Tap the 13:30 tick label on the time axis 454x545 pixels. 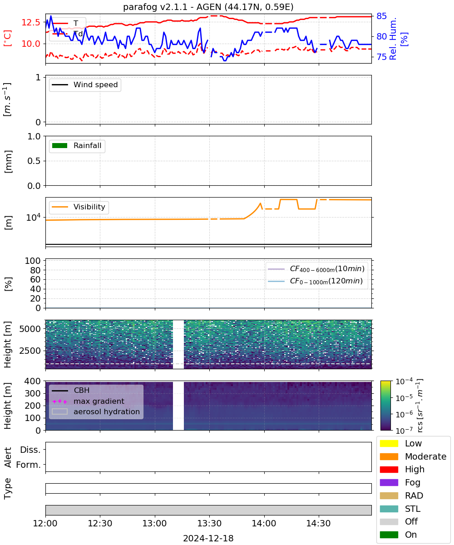pyautogui.click(x=209, y=523)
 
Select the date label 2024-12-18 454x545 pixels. pyautogui.click(x=208, y=538)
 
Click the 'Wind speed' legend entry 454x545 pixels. pyautogui.click(x=85, y=84)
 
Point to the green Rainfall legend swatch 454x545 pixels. pyautogui.click(x=59, y=145)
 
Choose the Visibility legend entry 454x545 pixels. pyautogui.click(x=78, y=207)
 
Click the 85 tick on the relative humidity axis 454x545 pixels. pyautogui.click(x=381, y=16)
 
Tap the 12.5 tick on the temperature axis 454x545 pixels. pyautogui.click(x=31, y=22)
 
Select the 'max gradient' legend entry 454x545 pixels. pyautogui.click(x=88, y=401)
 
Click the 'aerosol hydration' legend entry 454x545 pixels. pyautogui.click(x=95, y=411)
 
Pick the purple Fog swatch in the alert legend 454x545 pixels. pyautogui.click(x=389, y=482)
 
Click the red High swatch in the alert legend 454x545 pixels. pyautogui.click(x=389, y=469)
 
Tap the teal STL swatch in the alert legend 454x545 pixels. pyautogui.click(x=389, y=509)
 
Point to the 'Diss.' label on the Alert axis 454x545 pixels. pyautogui.click(x=30, y=450)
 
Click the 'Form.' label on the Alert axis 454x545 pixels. pyautogui.click(x=29, y=465)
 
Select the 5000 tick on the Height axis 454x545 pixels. pyautogui.click(x=30, y=329)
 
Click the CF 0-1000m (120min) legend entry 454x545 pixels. pyautogui.click(x=315, y=281)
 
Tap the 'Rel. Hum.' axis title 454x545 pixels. pyautogui.click(x=393, y=39)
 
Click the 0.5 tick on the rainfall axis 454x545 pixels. pyautogui.click(x=34, y=161)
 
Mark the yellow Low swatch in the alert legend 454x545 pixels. pyautogui.click(x=389, y=443)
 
